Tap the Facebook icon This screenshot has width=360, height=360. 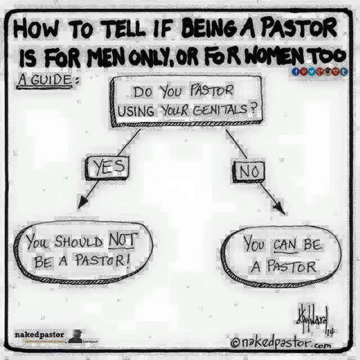click(x=295, y=71)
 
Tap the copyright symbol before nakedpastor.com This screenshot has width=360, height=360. click(x=237, y=342)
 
